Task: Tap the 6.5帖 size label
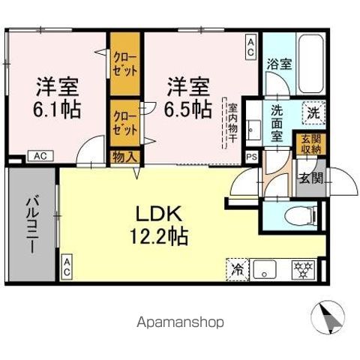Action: [x=187, y=109]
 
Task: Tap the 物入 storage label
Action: [x=125, y=157]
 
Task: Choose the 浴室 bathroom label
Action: [x=280, y=64]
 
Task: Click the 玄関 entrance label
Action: [x=311, y=179]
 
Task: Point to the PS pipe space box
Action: [x=251, y=157]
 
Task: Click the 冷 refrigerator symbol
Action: [x=237, y=268]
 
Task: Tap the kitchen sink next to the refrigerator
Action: [x=265, y=268]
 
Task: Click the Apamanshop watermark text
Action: [x=180, y=322]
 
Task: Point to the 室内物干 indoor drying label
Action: [x=233, y=125]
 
